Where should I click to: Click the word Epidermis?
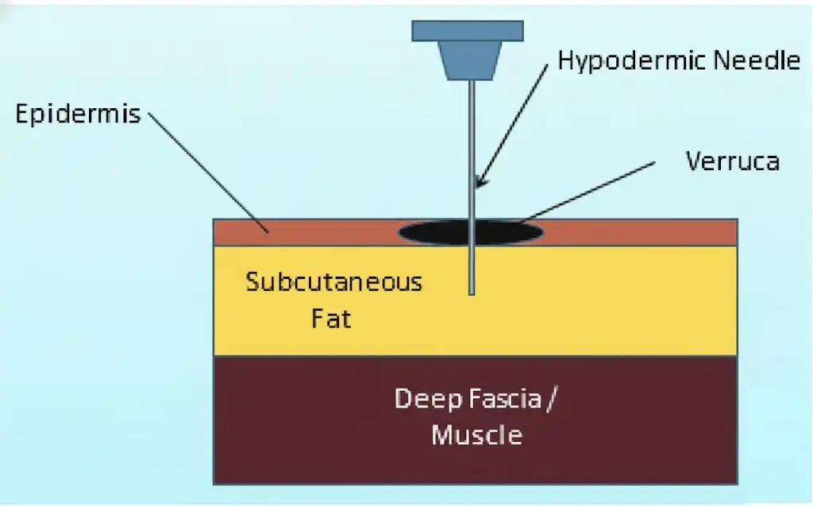tap(78, 114)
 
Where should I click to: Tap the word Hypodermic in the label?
tap(624, 60)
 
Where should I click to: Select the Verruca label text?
tap(732, 161)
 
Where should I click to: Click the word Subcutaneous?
tap(333, 282)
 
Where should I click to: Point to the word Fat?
tap(331, 320)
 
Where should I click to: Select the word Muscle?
tap(477, 435)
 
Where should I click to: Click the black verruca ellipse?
tap(429, 232)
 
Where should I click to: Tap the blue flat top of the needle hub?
tap(468, 30)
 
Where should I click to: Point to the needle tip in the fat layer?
tap(472, 291)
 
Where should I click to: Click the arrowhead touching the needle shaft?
tap(478, 183)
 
